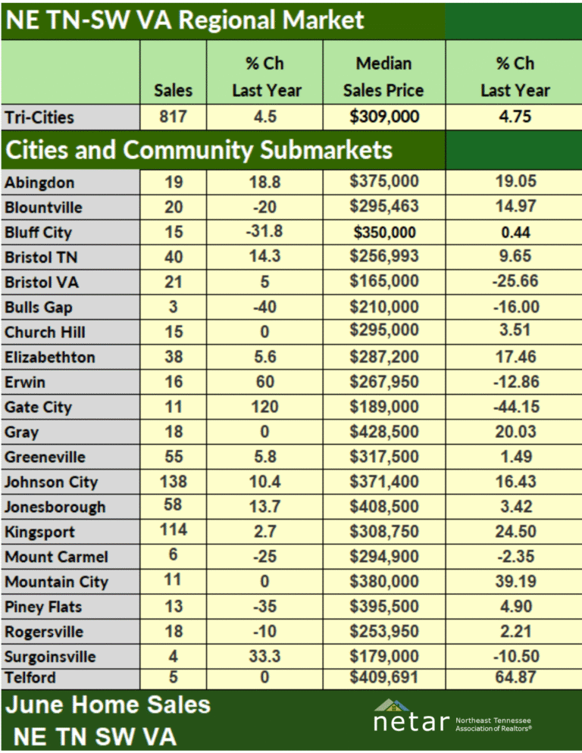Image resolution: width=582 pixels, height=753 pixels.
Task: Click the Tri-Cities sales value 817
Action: pos(173,117)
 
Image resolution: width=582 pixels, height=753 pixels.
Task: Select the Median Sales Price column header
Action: pos(383,77)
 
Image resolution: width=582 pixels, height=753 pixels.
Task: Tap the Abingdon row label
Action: pos(40,183)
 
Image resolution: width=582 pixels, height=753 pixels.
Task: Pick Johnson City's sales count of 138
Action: pos(173,481)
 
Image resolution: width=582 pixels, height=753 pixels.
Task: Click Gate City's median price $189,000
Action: pos(384,407)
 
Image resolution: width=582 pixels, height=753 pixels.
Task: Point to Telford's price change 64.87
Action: pos(515,677)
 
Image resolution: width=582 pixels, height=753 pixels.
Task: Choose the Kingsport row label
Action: pos(40,532)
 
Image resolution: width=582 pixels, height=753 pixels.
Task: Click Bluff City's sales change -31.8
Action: pos(264,232)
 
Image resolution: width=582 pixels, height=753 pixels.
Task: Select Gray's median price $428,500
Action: pos(384,431)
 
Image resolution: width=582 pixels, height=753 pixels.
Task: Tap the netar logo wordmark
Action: pos(411,722)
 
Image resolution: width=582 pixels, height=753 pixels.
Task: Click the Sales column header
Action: pos(173,90)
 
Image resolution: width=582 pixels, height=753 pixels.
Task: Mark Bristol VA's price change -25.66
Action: pos(515,281)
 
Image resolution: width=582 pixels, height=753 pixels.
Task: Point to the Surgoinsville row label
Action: pos(51,657)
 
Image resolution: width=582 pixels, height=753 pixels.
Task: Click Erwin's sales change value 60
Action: pos(264,382)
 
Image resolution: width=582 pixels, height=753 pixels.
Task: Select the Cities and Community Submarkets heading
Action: pos(199,150)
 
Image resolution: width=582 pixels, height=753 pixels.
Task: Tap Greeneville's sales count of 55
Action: pos(174,456)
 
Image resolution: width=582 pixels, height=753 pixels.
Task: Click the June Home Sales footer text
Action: pos(108,705)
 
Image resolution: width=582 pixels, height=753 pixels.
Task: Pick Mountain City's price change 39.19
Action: pos(515,581)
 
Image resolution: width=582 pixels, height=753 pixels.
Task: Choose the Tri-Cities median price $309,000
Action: pos(384,117)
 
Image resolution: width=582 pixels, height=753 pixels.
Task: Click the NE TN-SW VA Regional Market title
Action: pos(185,20)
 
